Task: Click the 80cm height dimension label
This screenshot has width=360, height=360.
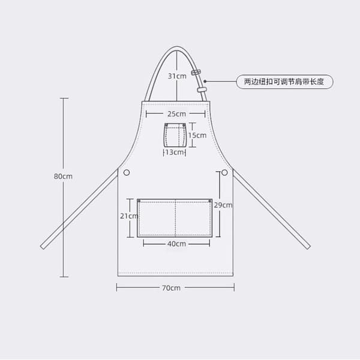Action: pyautogui.click(x=63, y=176)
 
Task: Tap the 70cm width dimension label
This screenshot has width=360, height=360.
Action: pyautogui.click(x=171, y=288)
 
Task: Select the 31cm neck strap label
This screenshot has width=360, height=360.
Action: pyautogui.click(x=177, y=76)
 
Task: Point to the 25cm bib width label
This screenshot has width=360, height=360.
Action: pyautogui.click(x=176, y=114)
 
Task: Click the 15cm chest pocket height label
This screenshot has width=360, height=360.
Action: pyautogui.click(x=197, y=136)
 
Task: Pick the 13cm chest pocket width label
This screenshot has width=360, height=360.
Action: pyautogui.click(x=175, y=152)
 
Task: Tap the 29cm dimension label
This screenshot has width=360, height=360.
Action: pyautogui.click(x=223, y=205)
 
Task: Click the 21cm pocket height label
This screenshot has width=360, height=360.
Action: pyautogui.click(x=129, y=216)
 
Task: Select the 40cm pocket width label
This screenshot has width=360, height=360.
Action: pyautogui.click(x=176, y=244)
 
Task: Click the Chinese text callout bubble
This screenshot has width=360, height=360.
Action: pyautogui.click(x=284, y=82)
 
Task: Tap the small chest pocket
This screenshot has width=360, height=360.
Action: pyautogui.click(x=175, y=135)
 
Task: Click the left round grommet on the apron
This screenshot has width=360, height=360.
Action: pyautogui.click(x=127, y=172)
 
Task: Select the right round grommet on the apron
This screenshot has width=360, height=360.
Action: pyautogui.click(x=224, y=172)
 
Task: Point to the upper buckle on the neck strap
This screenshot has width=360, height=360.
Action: pyautogui.click(x=196, y=73)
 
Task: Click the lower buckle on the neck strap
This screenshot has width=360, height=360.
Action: pyautogui.click(x=202, y=89)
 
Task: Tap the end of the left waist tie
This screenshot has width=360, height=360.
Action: pyautogui.click(x=43, y=247)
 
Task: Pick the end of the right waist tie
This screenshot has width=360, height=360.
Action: pyautogui.click(x=308, y=247)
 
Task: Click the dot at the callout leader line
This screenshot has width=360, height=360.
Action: pyautogui.click(x=205, y=81)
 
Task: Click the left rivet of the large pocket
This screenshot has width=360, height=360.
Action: pyautogui.click(x=139, y=201)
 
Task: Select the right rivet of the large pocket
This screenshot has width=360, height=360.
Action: pyautogui.click(x=210, y=201)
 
